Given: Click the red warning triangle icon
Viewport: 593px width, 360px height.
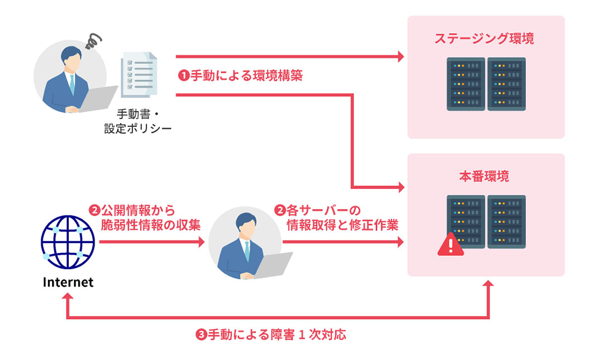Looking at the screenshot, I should coord(450,245).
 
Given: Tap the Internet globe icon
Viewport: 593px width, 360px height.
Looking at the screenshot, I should coord(68,241).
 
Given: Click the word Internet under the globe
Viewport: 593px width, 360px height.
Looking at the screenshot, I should coord(68,282).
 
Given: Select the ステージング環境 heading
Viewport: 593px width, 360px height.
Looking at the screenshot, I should coord(484,39).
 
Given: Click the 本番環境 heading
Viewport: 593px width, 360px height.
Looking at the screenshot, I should coord(484,176).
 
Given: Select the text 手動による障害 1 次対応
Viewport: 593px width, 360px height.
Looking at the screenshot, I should coord(271,335).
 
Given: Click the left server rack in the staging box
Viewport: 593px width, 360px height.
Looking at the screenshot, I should coord(466,83).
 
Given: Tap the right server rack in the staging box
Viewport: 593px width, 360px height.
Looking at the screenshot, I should coord(506,83).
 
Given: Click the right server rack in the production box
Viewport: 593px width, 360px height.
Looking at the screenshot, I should coord(506,222).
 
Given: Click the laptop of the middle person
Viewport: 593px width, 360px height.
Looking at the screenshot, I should coord(271,265).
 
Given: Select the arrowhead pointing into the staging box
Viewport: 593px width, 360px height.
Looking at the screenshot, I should coord(399,57).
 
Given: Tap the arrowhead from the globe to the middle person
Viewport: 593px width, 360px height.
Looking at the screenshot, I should coord(201,242).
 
